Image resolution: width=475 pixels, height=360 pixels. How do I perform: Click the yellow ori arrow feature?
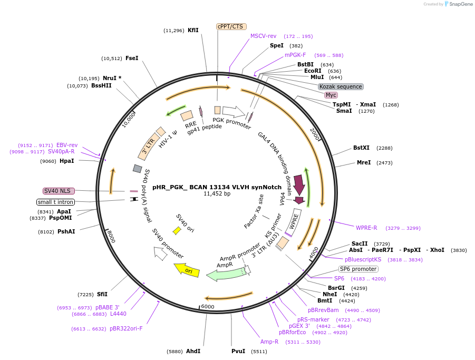(x=187, y=269)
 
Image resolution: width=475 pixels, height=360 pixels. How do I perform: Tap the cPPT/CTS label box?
(x=231, y=26)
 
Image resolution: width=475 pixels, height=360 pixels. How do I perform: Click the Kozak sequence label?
(x=341, y=86)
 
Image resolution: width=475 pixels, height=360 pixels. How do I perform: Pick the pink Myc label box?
(x=331, y=95)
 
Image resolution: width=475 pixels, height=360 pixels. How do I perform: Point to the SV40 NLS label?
(x=57, y=191)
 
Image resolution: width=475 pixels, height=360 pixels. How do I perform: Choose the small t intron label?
(x=55, y=202)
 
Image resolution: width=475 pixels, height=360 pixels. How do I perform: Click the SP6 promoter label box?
(x=358, y=269)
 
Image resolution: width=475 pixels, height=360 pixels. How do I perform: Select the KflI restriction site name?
(x=193, y=30)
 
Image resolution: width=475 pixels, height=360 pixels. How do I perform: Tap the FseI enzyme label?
(x=132, y=58)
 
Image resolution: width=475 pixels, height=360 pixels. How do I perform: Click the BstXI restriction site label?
(x=362, y=148)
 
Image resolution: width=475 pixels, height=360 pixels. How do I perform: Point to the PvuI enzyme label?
(x=238, y=351)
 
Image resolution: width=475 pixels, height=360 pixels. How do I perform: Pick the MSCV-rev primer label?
(x=263, y=36)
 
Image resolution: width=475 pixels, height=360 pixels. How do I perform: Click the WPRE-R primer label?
(x=366, y=228)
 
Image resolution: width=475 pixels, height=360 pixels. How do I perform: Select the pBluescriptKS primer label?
(x=363, y=259)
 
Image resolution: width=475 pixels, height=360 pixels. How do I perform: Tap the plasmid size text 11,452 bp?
(x=217, y=193)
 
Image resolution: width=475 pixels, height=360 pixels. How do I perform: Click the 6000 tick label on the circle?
(x=208, y=306)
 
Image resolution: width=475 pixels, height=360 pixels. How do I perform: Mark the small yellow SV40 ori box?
(x=177, y=230)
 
